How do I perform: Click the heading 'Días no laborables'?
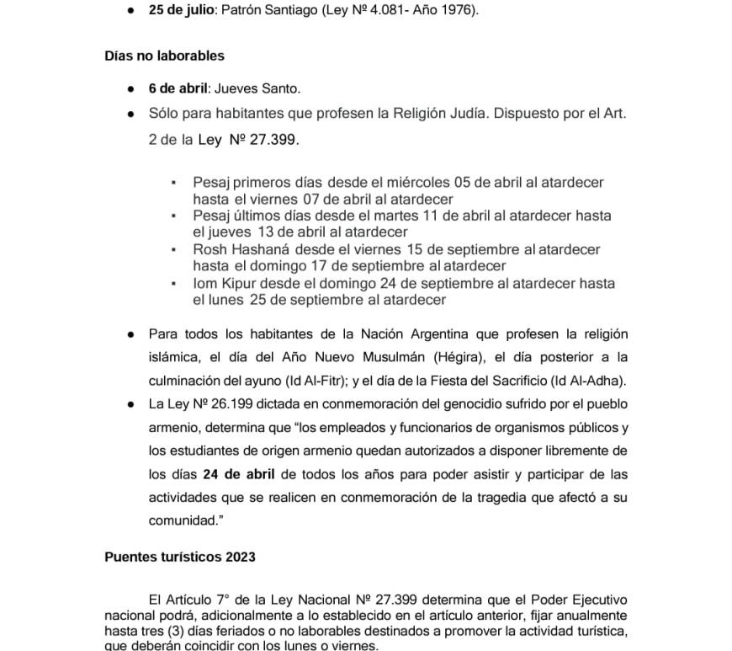point(164,56)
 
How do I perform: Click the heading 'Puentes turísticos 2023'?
point(180,557)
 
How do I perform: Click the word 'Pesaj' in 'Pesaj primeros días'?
point(211,183)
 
